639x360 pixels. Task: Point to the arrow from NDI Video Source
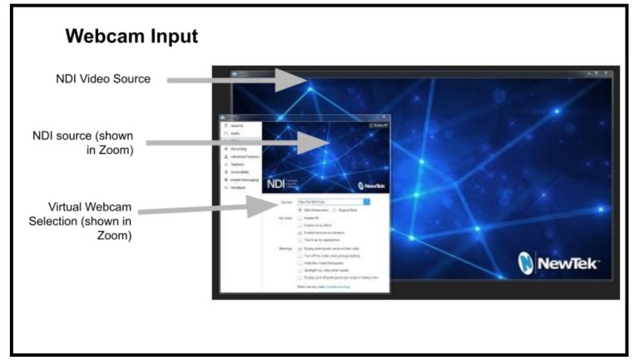(237, 81)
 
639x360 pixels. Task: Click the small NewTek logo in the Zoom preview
(369, 185)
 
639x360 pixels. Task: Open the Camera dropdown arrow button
(367, 201)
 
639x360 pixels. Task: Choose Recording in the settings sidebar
(237, 148)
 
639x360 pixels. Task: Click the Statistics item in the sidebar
(237, 163)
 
